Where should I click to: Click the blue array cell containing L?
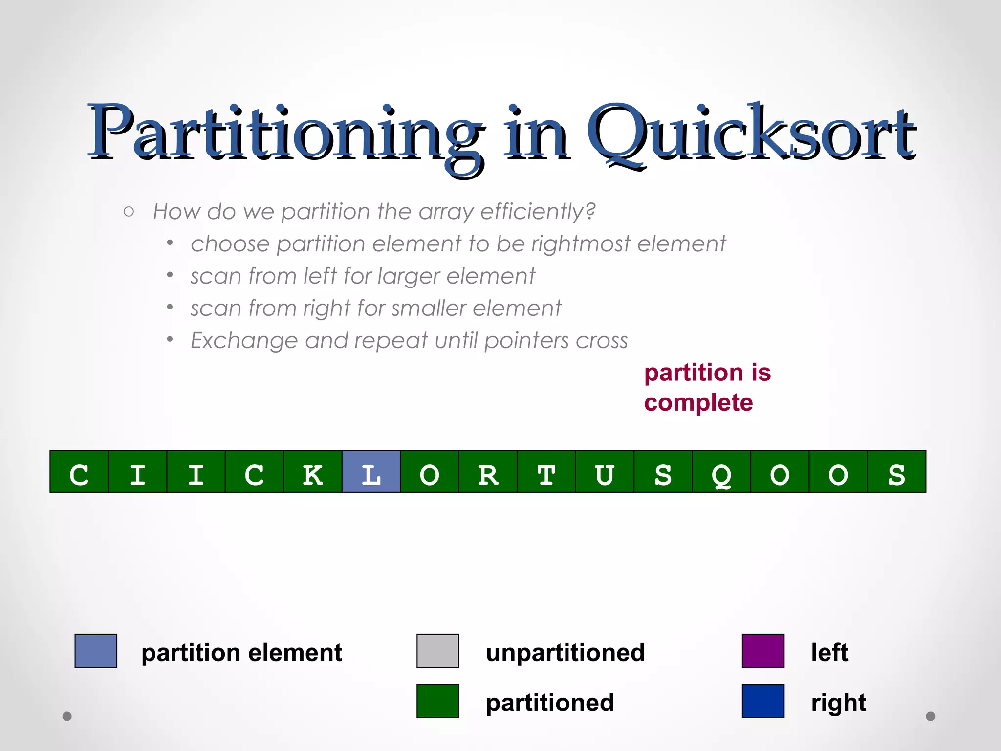[x=371, y=471]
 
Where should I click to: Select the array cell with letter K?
[x=313, y=471]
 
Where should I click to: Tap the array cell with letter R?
[x=488, y=471]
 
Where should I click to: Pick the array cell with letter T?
[x=546, y=471]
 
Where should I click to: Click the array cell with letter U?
[x=605, y=471]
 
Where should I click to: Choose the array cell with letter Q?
[x=721, y=471]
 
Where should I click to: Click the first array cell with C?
[x=79, y=471]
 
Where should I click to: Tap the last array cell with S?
[x=896, y=471]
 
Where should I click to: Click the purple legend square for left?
[x=763, y=651]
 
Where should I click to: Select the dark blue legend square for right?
[x=763, y=701]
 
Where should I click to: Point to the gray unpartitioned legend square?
[x=437, y=651]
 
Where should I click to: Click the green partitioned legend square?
[x=437, y=701]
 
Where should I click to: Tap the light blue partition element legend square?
[x=96, y=651]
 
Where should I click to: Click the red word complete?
[x=698, y=403]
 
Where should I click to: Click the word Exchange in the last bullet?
[x=243, y=340]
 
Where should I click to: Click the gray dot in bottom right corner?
[x=930, y=716]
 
